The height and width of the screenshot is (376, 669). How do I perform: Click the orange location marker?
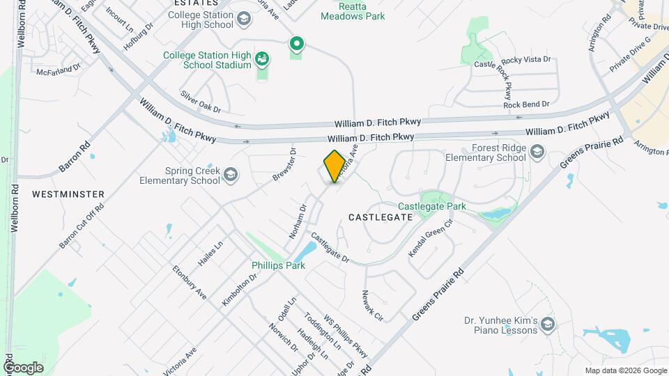coord(334,166)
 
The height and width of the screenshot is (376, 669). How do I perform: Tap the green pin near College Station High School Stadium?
coord(296,45)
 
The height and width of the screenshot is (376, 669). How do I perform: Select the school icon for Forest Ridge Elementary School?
coord(537,151)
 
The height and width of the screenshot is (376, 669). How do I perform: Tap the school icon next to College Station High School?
coord(243,19)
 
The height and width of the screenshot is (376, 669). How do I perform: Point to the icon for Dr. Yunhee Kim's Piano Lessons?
coord(548,324)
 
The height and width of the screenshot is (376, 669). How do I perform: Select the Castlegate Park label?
coord(431,206)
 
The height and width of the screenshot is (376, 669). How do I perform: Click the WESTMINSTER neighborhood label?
coord(68,194)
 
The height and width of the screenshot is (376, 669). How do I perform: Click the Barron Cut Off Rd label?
coord(82,226)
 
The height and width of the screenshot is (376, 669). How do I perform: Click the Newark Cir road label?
coord(373,301)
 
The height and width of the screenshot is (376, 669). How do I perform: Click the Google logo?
coord(23,367)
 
